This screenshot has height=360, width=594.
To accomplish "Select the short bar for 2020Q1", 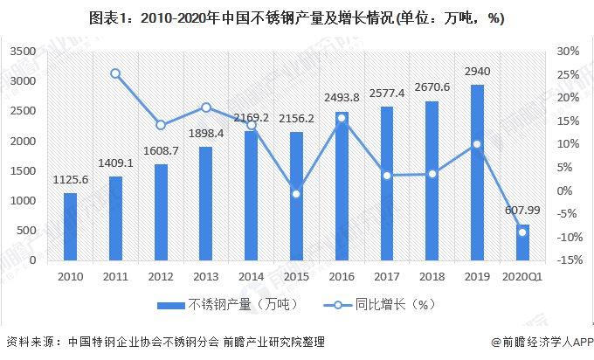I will tap(522, 243).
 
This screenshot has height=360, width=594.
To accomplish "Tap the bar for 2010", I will tap(71, 226).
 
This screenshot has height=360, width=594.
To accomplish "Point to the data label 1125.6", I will tap(71, 180).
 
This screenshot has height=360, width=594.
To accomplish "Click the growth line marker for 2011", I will tap(115, 73).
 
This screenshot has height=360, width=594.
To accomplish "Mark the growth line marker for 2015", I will tap(296, 193).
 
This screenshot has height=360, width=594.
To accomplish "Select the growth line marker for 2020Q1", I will tap(522, 232).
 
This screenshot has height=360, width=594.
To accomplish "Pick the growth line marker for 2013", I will tap(206, 107).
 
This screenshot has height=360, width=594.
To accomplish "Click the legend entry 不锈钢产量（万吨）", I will tap(229, 305).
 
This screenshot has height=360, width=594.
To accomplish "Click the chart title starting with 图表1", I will tap(297, 19).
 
